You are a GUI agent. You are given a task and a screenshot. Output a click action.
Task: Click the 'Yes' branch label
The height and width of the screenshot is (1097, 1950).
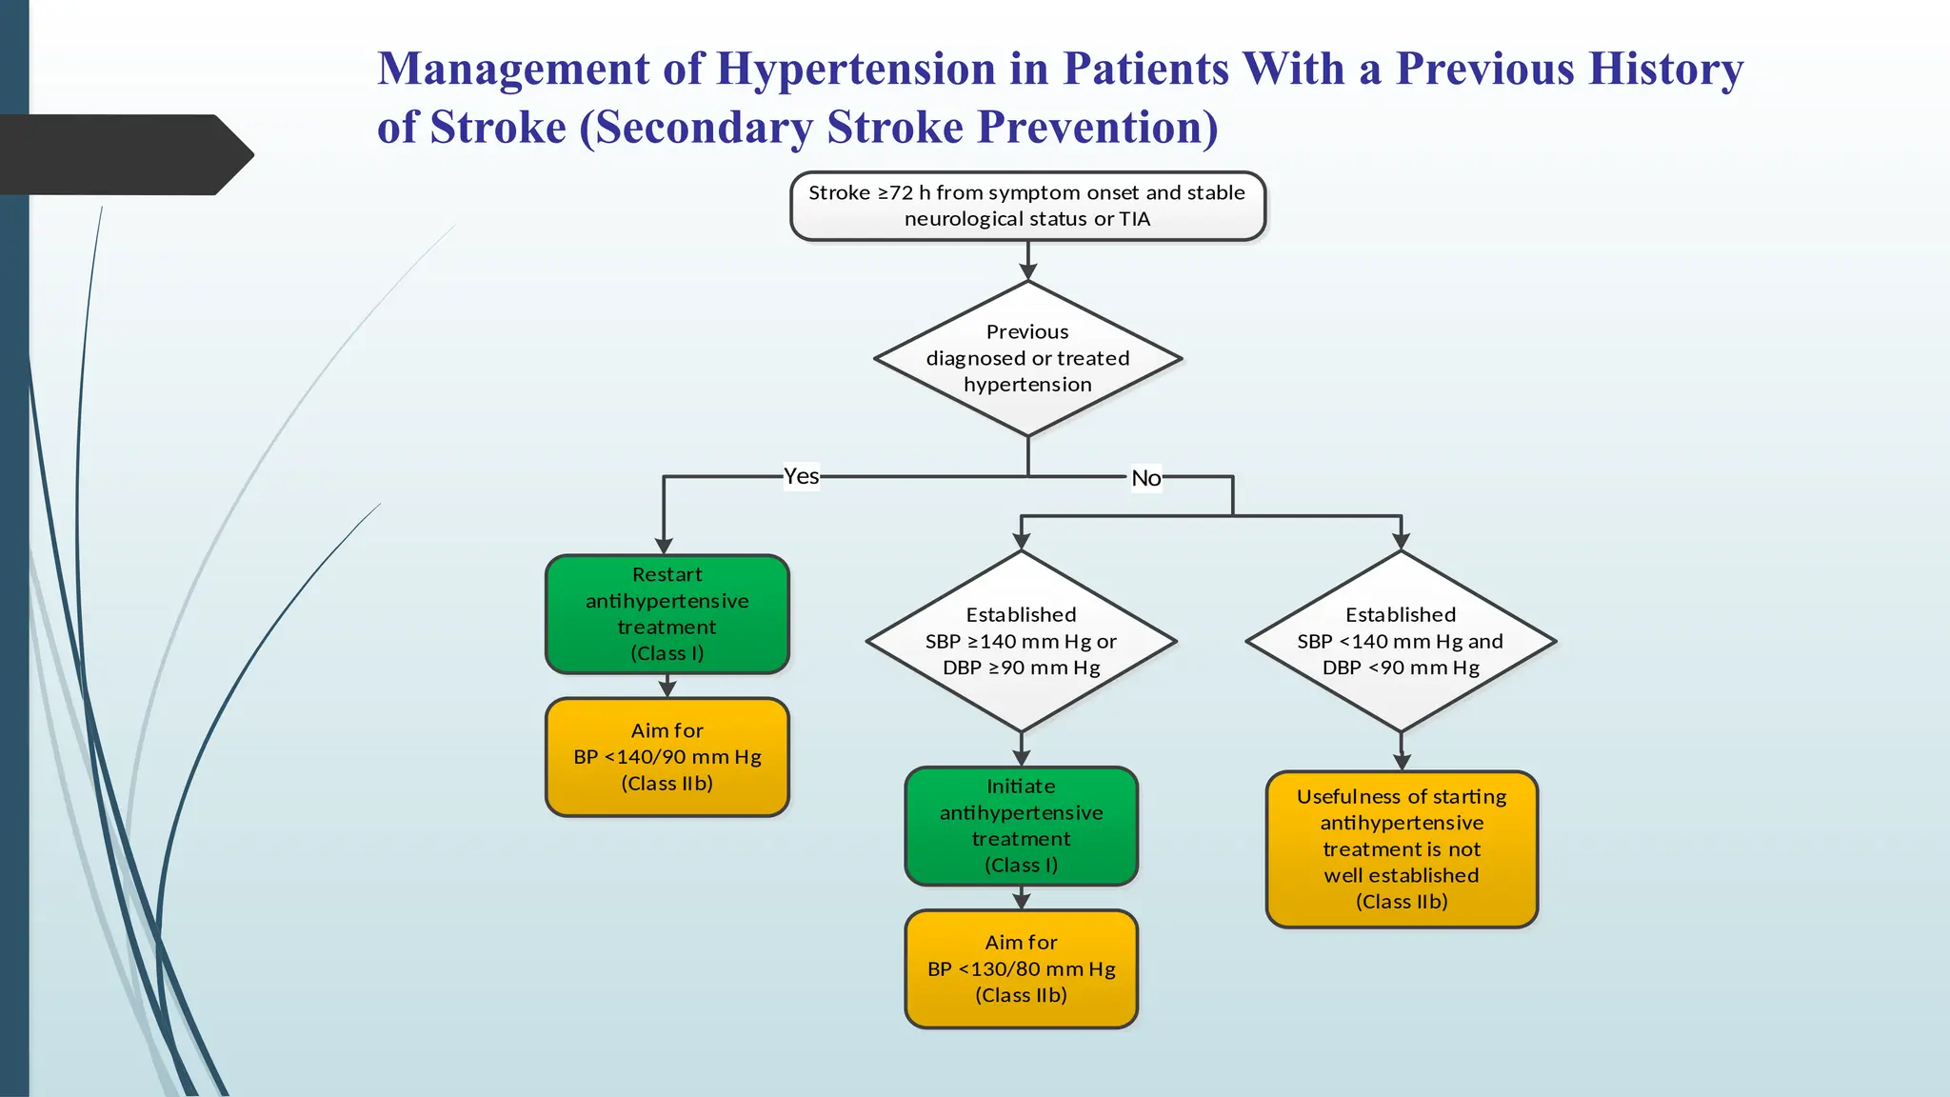coord(801,476)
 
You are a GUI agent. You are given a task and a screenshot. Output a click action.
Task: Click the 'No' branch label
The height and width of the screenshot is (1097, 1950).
coord(1145,478)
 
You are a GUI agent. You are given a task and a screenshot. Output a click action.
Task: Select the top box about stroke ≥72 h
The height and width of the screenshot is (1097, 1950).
coord(1027,206)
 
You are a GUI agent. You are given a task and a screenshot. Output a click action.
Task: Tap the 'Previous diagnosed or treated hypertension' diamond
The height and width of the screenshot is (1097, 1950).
coord(1027,359)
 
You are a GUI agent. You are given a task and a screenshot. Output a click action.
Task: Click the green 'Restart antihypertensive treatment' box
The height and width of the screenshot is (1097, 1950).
coord(667,613)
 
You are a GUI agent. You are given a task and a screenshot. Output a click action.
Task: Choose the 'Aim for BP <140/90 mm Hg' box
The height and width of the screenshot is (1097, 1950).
coord(667,757)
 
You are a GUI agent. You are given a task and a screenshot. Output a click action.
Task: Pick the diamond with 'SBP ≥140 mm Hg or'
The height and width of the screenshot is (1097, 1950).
coord(1021,641)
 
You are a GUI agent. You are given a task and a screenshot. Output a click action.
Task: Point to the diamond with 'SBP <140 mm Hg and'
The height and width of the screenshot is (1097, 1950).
coord(1401,641)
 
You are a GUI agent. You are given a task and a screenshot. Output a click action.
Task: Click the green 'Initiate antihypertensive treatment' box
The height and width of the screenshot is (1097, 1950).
coord(1021,826)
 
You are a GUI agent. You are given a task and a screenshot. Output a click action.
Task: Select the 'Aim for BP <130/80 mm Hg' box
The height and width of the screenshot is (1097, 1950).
coord(1021,968)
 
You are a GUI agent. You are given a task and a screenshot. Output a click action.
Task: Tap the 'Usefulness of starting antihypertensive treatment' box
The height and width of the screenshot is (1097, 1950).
coord(1402,848)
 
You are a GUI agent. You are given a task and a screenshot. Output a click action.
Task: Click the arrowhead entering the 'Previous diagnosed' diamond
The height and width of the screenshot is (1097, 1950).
coord(1027,272)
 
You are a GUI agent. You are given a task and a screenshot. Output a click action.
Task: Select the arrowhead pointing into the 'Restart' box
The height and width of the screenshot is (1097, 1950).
coord(664,546)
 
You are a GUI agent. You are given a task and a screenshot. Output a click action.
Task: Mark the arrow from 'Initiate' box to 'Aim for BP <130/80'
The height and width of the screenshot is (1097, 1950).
coord(1021,899)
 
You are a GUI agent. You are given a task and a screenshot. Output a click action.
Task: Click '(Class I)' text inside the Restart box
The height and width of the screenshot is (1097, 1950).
coord(667,653)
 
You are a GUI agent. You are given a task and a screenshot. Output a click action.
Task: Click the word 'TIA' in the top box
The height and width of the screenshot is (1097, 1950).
coord(1134,219)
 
